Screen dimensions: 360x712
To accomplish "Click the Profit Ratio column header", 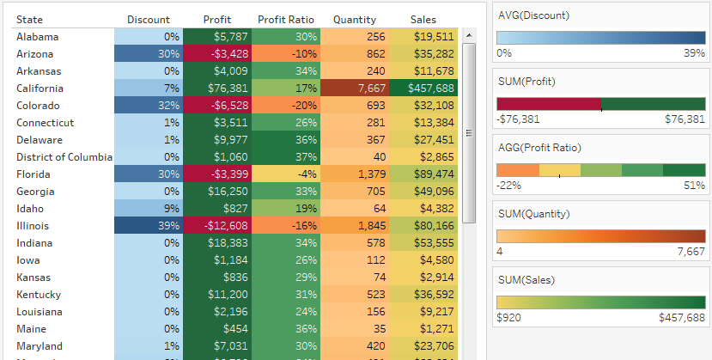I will coord(285,20).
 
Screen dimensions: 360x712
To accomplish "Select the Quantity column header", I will coord(354,20).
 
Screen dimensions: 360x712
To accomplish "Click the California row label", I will coord(40,88).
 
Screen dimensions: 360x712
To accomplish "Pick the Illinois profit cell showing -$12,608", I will coord(216,226).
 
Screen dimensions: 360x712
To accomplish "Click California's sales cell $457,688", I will coord(423,88).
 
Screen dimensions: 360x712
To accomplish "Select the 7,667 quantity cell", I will coord(354,88).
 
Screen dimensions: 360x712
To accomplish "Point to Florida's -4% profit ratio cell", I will coord(285,174).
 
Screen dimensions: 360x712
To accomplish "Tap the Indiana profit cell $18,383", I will coord(216,243).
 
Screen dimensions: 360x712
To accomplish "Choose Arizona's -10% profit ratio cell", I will coord(285,54).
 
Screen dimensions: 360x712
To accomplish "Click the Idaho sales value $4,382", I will coord(423,209).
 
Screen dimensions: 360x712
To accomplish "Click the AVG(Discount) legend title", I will coord(534,15).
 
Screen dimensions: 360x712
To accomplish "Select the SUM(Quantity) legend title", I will coord(537,213).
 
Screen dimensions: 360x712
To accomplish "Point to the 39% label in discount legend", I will coord(694,53).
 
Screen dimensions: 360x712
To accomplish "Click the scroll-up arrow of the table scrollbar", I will coord(469,35).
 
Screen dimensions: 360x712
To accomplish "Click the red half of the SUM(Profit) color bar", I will coord(548,104).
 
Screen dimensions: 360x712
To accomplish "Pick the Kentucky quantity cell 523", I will coord(354,295).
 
